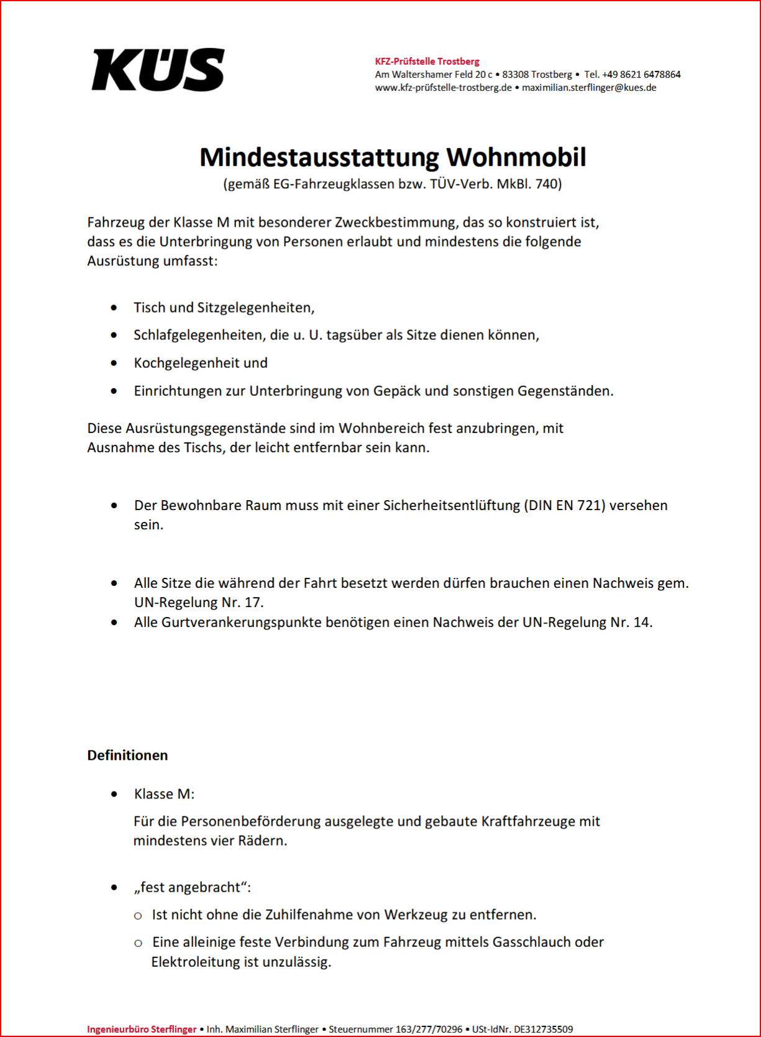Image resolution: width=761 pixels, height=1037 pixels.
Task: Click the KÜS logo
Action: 158,70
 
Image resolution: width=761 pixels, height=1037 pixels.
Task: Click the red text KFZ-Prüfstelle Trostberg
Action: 427,62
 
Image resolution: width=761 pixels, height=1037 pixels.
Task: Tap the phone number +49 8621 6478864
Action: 641,75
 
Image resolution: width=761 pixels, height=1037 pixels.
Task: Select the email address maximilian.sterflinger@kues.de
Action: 589,88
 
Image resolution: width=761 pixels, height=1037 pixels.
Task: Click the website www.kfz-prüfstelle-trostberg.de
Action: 443,88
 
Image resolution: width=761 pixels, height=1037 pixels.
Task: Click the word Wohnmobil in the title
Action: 516,157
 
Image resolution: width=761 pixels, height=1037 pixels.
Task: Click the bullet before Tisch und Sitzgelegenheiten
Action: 114,308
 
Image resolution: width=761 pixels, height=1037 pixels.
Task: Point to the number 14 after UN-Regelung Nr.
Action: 640,622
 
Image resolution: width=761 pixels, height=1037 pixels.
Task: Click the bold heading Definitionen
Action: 127,755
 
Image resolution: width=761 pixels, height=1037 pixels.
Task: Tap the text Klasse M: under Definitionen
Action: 164,794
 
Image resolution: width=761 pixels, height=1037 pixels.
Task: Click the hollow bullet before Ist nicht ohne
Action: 138,916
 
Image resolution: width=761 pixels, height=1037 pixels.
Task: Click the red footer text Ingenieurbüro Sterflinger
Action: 142,1030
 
